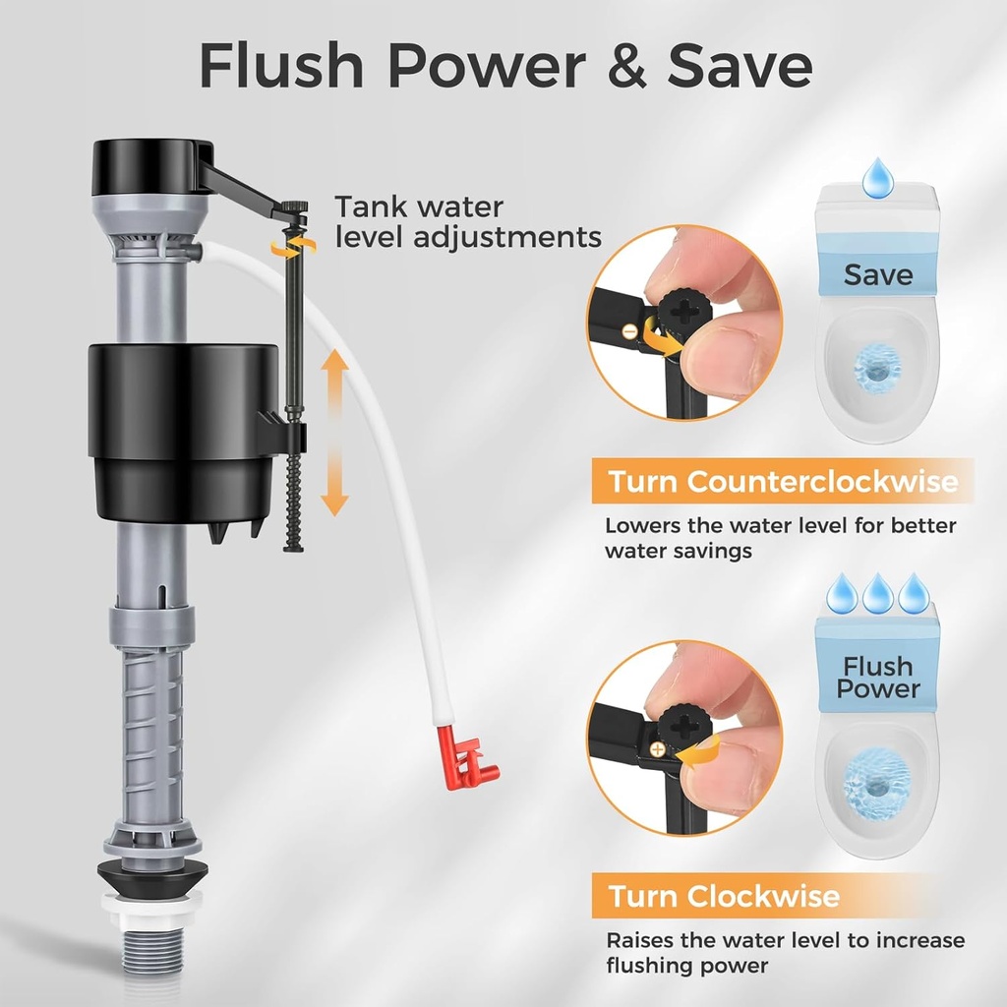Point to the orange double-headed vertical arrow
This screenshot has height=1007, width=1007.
click(x=335, y=432)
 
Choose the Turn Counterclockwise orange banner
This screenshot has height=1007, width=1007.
click(x=782, y=482)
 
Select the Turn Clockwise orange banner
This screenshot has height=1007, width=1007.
click(x=723, y=897)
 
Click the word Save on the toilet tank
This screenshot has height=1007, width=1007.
click(x=877, y=274)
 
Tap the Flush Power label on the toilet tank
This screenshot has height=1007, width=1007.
click(x=877, y=677)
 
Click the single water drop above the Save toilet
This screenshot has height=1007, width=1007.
click(x=877, y=178)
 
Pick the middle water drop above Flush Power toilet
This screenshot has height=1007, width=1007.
click(x=877, y=593)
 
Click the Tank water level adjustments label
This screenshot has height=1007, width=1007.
click(x=467, y=222)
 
